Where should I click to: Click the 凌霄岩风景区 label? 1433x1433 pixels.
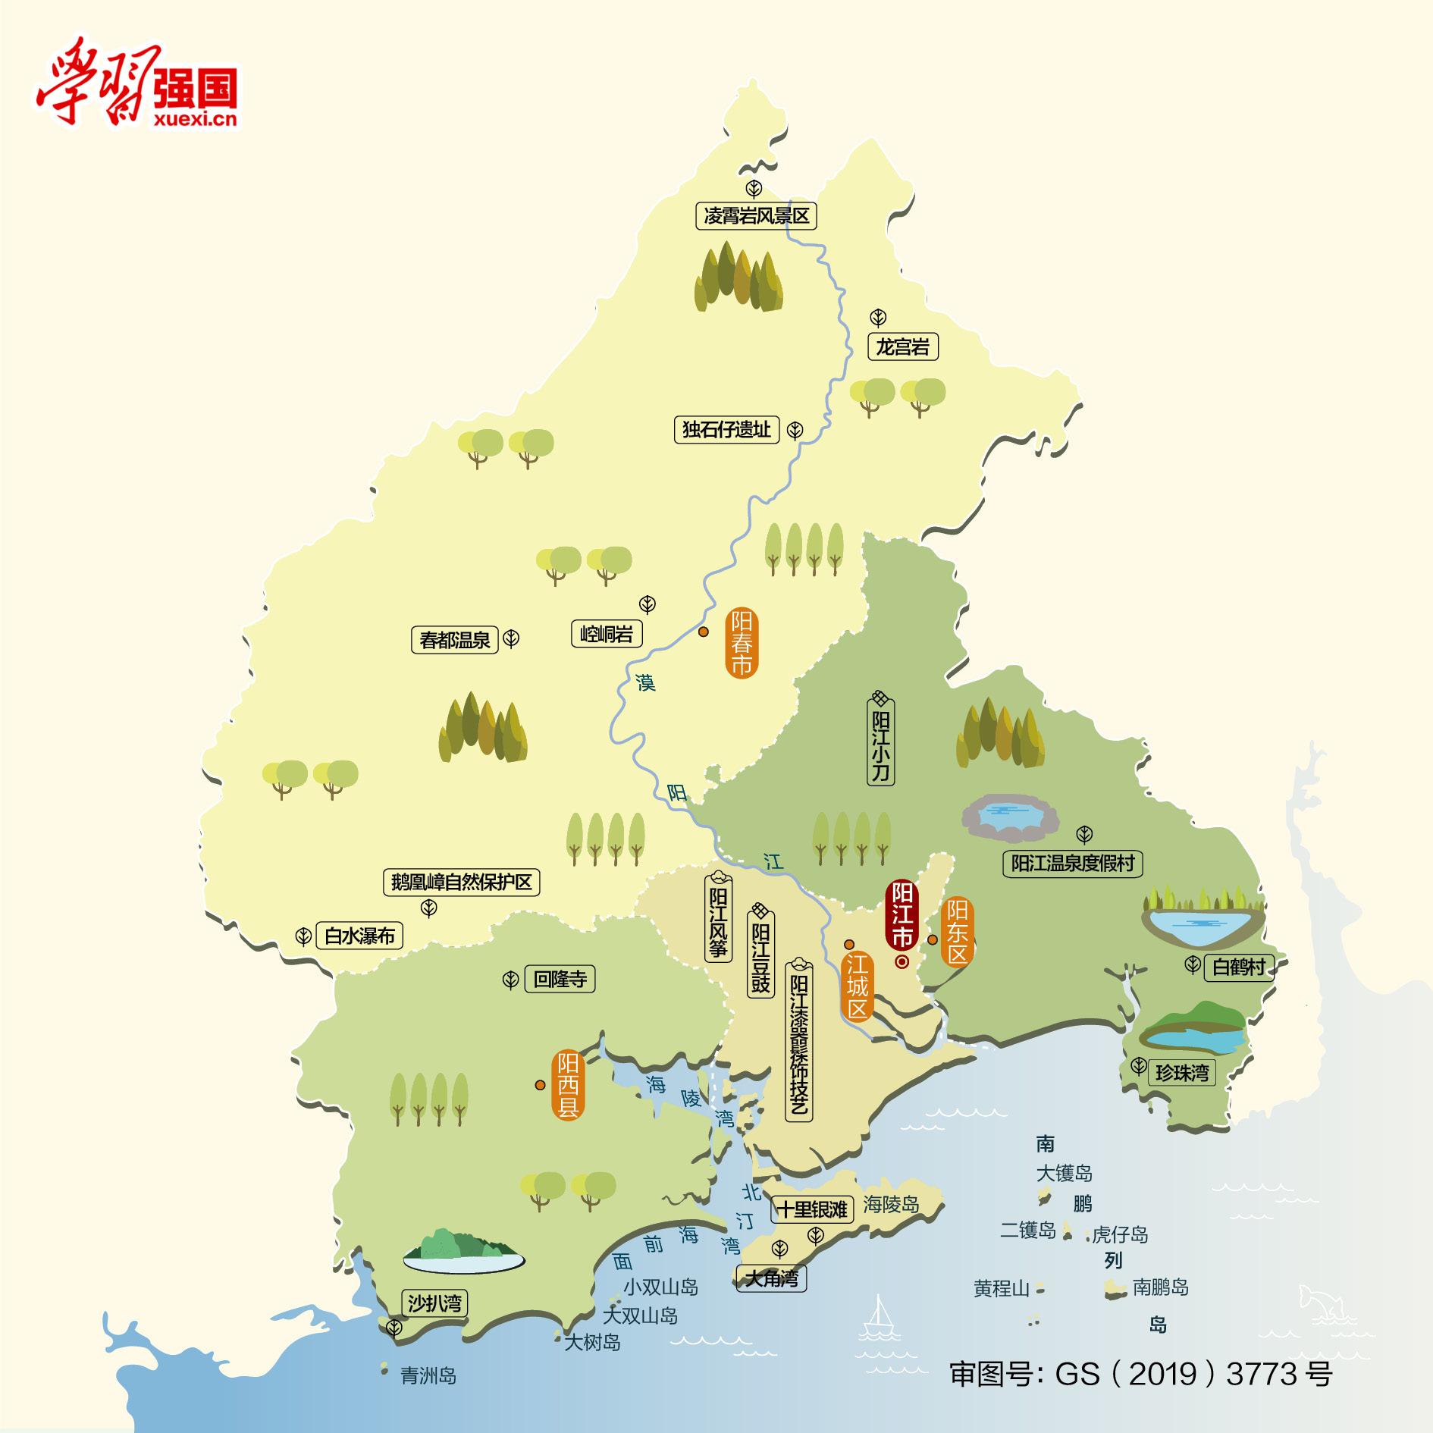[756, 216]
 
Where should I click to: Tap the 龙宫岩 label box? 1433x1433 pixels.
[902, 347]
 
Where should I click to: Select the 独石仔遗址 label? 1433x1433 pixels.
[726, 430]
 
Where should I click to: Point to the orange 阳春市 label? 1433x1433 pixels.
[741, 644]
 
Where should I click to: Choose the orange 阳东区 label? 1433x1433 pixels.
[957, 932]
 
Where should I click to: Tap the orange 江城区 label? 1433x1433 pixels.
[857, 986]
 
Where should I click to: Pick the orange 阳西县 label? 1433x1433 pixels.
[568, 1085]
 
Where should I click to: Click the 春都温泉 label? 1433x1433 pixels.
[455, 640]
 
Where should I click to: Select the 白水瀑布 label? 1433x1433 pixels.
[359, 936]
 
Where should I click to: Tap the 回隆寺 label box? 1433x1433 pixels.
[560, 979]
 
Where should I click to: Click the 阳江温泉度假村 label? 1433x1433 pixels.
[1072, 864]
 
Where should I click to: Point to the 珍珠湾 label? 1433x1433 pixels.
[1181, 1072]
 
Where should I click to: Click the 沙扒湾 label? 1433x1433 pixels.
[434, 1303]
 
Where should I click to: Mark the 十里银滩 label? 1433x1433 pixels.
[813, 1209]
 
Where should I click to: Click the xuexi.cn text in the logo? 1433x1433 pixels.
[195, 118]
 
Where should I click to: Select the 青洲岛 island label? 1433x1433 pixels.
[428, 1375]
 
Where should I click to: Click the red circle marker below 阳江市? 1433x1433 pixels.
[902, 961]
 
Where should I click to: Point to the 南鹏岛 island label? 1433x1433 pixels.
[1160, 1287]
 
